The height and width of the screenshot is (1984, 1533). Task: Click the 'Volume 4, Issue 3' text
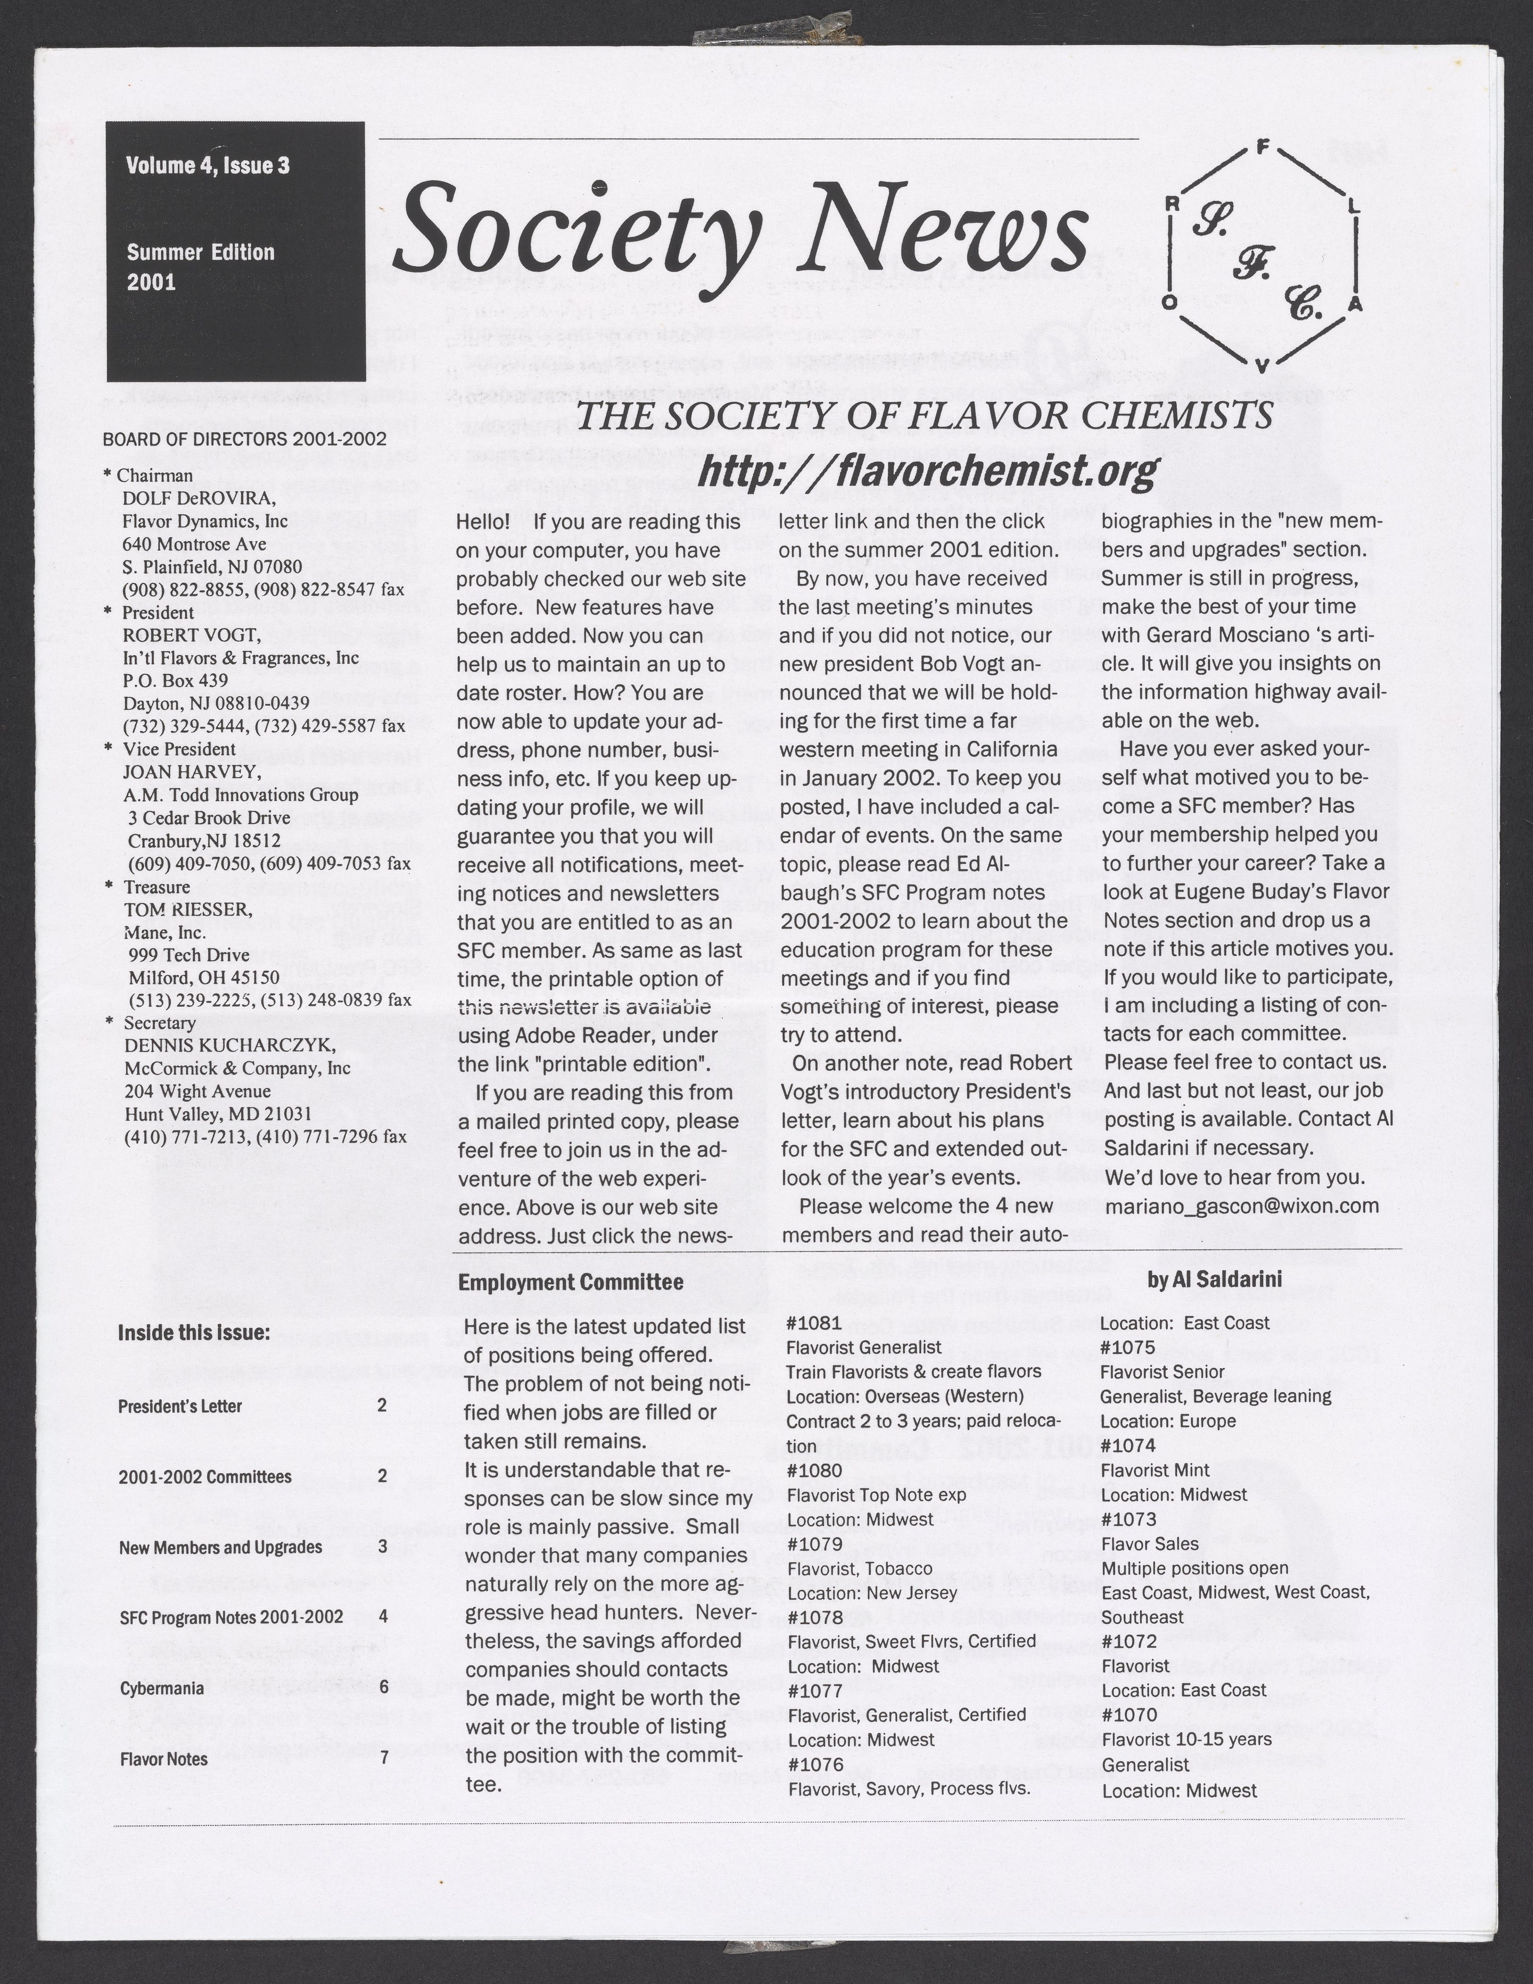[x=208, y=166]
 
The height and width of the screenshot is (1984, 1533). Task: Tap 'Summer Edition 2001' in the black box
[x=200, y=266]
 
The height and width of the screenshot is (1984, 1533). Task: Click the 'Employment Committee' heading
[x=571, y=1282]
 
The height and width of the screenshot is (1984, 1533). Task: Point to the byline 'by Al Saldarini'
[x=1214, y=1279]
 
